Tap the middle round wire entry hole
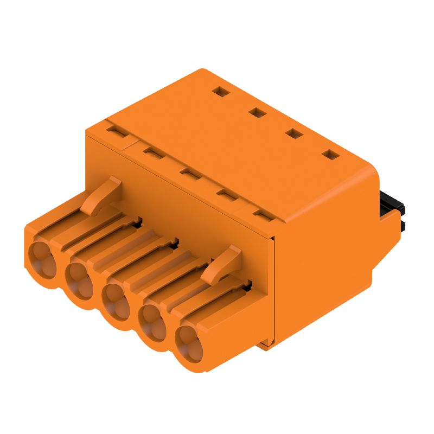[116, 301]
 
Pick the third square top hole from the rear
[293, 133]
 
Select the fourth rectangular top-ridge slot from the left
[226, 194]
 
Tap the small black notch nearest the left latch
[137, 221]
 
